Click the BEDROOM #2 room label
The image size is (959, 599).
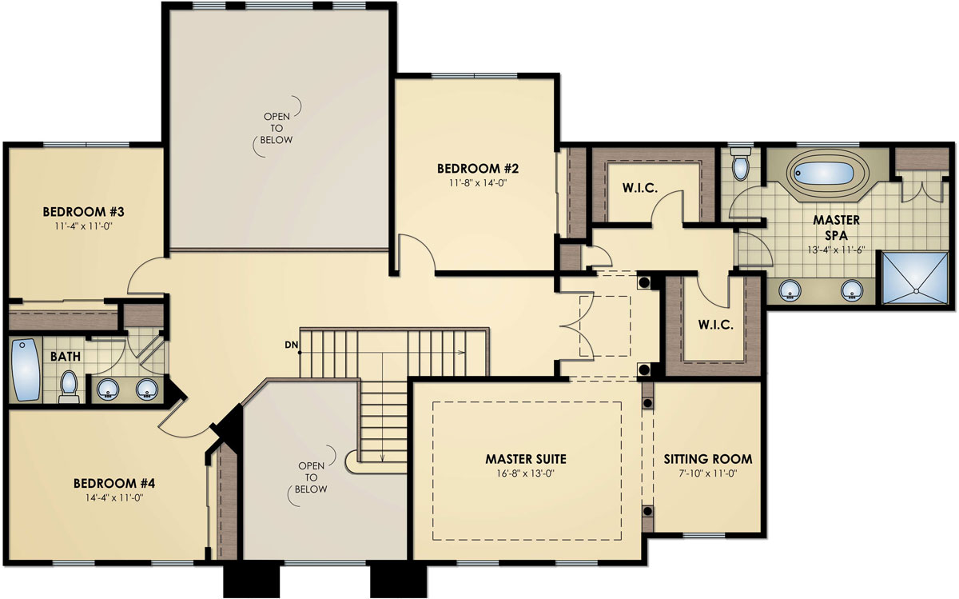point(478,169)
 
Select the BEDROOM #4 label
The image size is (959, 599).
point(113,483)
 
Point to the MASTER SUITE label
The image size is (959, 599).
point(526,459)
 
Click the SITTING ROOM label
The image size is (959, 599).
point(707,459)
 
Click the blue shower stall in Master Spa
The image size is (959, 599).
point(917,278)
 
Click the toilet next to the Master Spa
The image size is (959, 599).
point(740,164)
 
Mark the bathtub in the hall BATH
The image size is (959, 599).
point(26,370)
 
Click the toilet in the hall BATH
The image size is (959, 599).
point(69,385)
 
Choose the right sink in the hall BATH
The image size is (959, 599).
point(145,389)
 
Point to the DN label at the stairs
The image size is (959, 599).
point(291,345)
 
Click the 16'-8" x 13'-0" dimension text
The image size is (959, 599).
point(526,473)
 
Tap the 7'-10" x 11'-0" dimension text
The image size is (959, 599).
point(707,473)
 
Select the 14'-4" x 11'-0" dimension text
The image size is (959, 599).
point(113,497)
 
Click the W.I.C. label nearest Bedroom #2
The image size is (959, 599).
point(639,190)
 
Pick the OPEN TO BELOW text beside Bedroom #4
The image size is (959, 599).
point(312,477)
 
